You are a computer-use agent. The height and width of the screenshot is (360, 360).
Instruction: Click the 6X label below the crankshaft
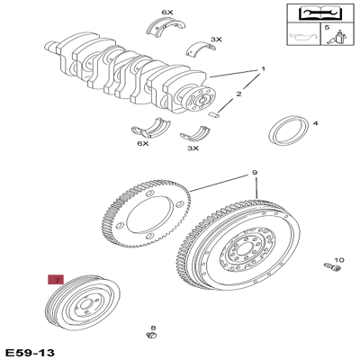pyautogui.click(x=142, y=143)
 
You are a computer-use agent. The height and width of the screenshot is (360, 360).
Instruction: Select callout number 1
pyautogui.click(x=263, y=69)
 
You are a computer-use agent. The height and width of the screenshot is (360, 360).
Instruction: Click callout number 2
pyautogui.click(x=239, y=93)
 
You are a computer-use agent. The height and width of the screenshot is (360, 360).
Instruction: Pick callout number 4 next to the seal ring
pyautogui.click(x=315, y=122)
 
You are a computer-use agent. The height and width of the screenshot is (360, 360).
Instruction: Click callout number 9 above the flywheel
pyautogui.click(x=255, y=173)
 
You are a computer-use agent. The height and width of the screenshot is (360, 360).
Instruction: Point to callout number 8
pyautogui.click(x=153, y=328)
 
